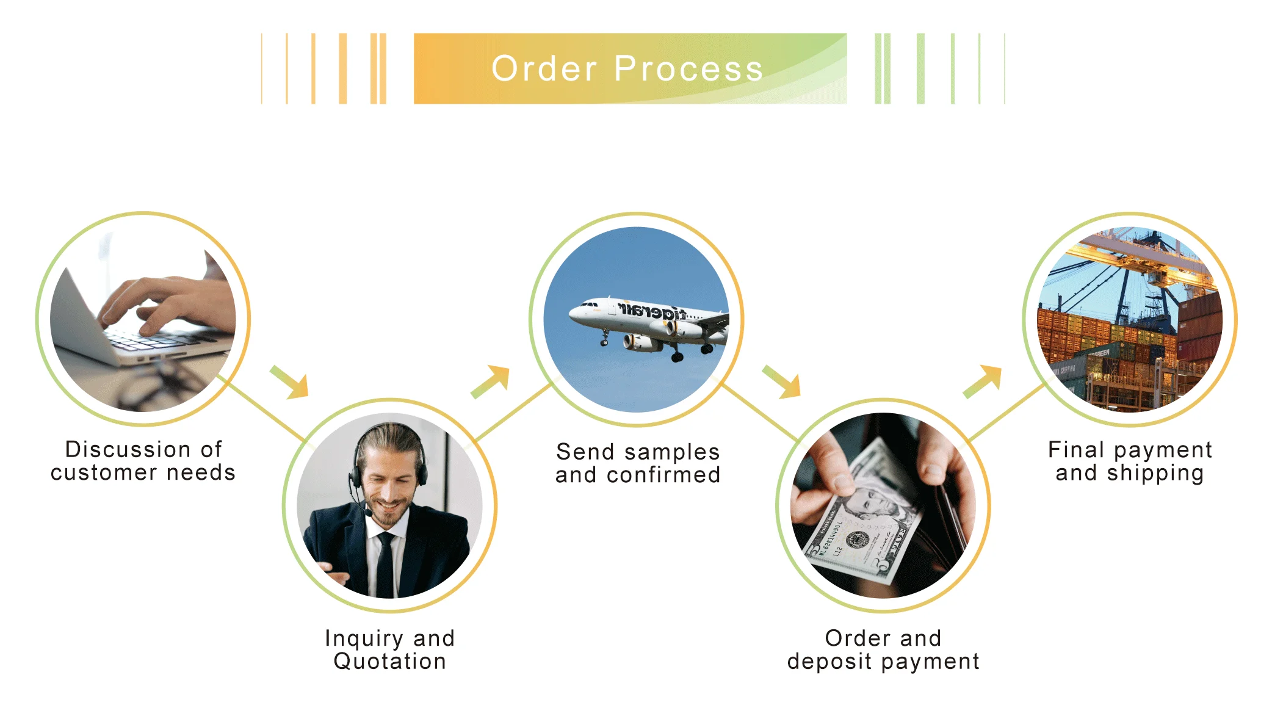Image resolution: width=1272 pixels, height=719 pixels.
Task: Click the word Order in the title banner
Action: point(544,68)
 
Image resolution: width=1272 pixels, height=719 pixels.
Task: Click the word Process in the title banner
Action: point(688,68)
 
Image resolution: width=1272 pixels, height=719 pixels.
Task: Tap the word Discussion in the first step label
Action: point(128,449)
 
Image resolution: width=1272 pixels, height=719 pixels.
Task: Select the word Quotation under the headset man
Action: point(390,662)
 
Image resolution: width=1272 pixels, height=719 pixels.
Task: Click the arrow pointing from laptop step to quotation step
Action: point(291,382)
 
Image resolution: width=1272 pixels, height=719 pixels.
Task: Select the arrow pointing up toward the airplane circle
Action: point(491,381)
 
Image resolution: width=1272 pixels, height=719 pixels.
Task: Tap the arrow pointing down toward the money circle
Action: point(782,382)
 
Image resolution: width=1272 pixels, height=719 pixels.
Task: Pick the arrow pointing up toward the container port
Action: point(983,381)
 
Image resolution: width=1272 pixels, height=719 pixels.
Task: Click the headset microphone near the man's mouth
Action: point(369,513)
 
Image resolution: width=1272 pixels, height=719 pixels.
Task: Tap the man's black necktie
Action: point(385,565)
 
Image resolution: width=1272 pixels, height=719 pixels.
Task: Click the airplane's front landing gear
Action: point(604,339)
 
